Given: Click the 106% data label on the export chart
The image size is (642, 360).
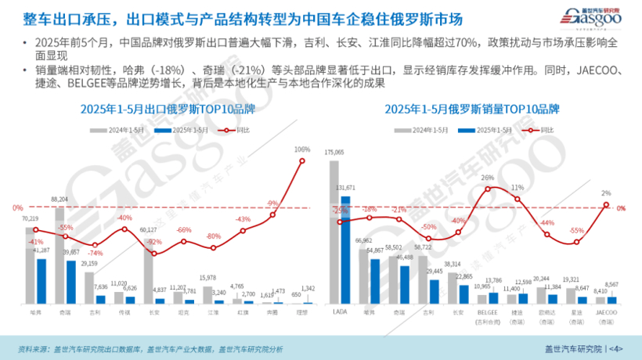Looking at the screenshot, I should (x=302, y=149).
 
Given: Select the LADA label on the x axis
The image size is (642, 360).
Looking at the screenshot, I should (x=339, y=310).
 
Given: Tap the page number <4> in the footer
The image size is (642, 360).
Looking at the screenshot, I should (x=616, y=348).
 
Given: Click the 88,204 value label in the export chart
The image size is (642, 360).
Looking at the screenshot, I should (x=60, y=200).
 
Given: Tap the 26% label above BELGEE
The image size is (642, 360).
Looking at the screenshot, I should (x=488, y=178).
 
